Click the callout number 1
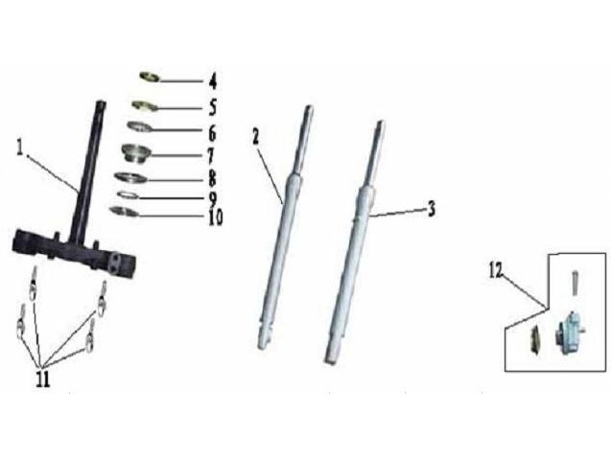pyautogui.click(x=20, y=148)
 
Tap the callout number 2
pyautogui.click(x=255, y=137)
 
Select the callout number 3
pyautogui.click(x=431, y=209)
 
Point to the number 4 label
pyautogui.click(x=212, y=81)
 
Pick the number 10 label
pyautogui.click(x=216, y=218)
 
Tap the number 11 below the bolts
pyautogui.click(x=43, y=378)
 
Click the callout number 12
pyautogui.click(x=496, y=270)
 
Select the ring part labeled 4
pyautogui.click(x=150, y=77)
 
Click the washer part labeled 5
pyautogui.click(x=144, y=105)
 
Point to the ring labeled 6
pyautogui.click(x=140, y=126)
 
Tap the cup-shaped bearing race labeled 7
pyautogui.click(x=135, y=153)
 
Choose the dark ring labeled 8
pyautogui.click(x=130, y=177)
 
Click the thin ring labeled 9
pyautogui.click(x=129, y=195)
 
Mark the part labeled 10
pyautogui.click(x=124, y=212)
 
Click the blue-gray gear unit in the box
pyautogui.click(x=570, y=332)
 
